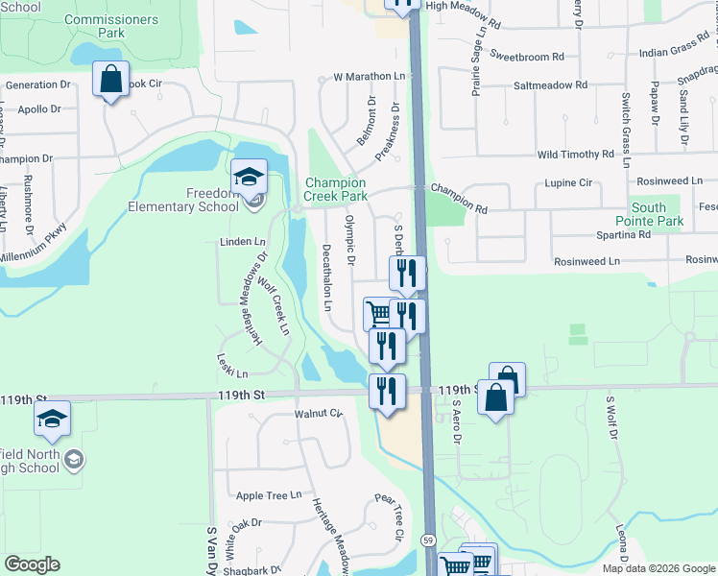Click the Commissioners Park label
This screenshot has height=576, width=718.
click(111, 26)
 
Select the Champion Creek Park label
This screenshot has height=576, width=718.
click(335, 189)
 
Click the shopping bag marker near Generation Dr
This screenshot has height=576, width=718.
click(110, 80)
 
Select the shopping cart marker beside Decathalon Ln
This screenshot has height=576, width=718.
click(378, 313)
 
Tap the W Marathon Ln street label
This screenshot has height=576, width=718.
click(369, 76)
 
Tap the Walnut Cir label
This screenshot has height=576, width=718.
click(319, 413)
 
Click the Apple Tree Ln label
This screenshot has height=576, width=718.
click(269, 496)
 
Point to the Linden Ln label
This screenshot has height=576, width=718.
click(243, 243)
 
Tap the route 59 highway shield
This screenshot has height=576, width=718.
click(428, 540)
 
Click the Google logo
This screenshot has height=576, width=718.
click(32, 564)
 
